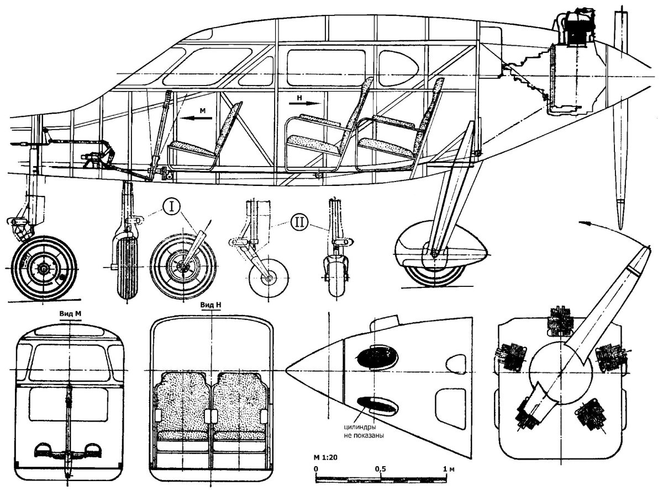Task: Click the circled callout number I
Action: click(171, 207)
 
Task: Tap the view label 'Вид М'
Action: click(70, 314)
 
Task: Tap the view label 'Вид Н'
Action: click(211, 305)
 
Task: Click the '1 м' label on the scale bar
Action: click(449, 469)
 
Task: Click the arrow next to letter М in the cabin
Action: click(196, 119)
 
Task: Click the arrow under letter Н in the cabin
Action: click(304, 103)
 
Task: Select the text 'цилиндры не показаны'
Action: click(364, 431)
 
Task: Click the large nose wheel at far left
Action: click(44, 268)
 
